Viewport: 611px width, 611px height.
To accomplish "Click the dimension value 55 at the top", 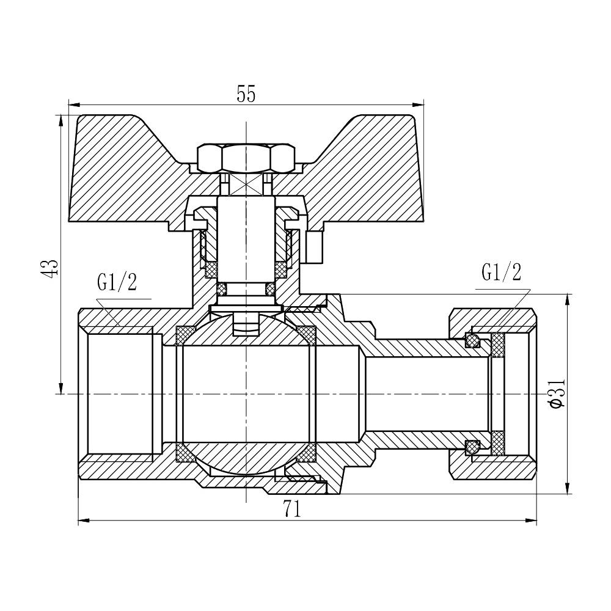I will pyautogui.click(x=246, y=94).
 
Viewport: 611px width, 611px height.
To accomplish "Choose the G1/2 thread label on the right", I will pyautogui.click(x=501, y=273).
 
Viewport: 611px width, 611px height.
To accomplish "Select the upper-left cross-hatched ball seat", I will pyautogui.click(x=183, y=335).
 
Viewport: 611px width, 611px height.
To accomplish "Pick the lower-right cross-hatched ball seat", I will pyautogui.click(x=308, y=453).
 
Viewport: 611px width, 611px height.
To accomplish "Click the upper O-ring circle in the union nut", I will pyautogui.click(x=472, y=339).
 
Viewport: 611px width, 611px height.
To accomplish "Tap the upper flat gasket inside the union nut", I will pyautogui.click(x=498, y=346).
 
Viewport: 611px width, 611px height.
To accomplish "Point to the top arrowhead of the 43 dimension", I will pyautogui.click(x=60, y=120).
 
